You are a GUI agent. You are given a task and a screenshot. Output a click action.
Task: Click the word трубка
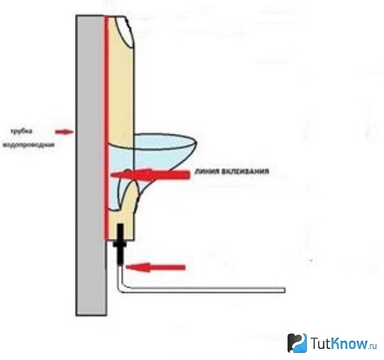(x=21, y=131)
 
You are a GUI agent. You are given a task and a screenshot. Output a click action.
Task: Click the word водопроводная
(x=28, y=145)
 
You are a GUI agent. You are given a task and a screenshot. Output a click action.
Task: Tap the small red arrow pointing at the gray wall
(x=64, y=132)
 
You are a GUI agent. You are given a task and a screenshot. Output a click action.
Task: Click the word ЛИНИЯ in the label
(x=206, y=171)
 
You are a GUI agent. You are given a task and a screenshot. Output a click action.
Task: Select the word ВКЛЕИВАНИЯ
(x=245, y=171)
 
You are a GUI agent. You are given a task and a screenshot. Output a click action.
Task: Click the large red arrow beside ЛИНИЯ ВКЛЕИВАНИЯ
(x=150, y=175)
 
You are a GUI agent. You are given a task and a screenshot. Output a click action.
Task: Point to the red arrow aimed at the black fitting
(x=155, y=267)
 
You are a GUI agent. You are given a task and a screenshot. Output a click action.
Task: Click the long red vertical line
(x=106, y=128)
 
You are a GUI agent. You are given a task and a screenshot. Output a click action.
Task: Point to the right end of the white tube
(x=285, y=290)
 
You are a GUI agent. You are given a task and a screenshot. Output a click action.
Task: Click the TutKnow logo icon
(x=297, y=343)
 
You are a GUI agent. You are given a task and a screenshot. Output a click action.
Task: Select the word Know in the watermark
(x=350, y=343)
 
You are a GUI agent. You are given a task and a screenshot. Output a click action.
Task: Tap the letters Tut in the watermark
(x=321, y=343)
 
